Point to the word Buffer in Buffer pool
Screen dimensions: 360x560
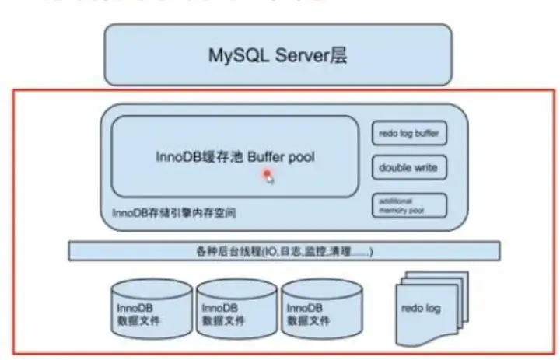(x=268, y=156)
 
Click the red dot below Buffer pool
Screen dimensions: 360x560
(x=266, y=174)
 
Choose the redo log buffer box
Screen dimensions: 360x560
(x=409, y=133)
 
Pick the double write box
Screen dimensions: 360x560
(x=409, y=167)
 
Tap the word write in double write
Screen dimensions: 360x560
(x=425, y=167)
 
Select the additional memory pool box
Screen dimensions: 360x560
(x=409, y=205)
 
